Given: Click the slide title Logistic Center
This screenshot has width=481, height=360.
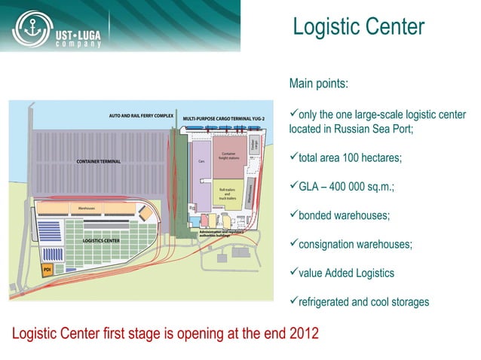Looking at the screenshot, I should pyautogui.click(x=358, y=27).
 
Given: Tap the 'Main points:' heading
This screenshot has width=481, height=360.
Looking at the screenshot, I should pyautogui.click(x=318, y=84).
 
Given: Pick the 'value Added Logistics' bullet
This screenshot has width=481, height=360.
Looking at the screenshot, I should pyautogui.click(x=346, y=273).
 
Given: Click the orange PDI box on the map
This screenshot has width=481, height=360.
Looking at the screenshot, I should pyautogui.click(x=47, y=269).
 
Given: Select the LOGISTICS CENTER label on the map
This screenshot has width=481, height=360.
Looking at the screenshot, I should pyautogui.click(x=101, y=240).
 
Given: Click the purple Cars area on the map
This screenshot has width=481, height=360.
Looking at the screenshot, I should pyautogui.click(x=201, y=169).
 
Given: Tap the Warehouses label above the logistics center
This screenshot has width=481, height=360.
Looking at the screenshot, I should pyautogui.click(x=81, y=207).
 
